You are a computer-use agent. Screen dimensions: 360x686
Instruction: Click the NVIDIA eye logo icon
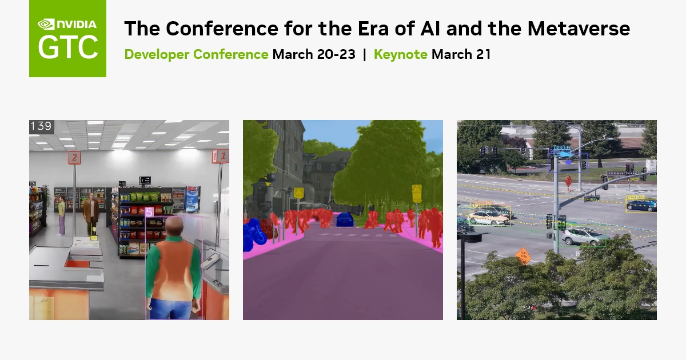click(x=46, y=24)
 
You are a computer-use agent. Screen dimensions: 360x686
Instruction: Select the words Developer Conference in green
click(x=196, y=54)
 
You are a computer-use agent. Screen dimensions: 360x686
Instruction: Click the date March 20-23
click(x=314, y=54)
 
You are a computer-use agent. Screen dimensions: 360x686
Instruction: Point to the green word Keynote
click(x=400, y=54)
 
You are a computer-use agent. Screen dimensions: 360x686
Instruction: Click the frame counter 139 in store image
click(x=41, y=126)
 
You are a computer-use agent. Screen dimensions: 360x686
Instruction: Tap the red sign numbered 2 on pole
click(x=74, y=157)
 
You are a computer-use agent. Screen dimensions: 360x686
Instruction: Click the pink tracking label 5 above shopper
click(x=149, y=212)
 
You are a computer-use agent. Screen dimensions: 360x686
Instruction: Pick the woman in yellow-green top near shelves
click(x=61, y=214)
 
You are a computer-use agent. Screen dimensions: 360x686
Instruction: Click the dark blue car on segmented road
click(x=345, y=219)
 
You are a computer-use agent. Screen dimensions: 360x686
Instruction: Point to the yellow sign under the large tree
click(x=417, y=191)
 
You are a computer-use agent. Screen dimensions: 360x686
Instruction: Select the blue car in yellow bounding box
click(x=640, y=205)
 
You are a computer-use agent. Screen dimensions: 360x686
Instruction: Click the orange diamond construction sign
click(x=523, y=255)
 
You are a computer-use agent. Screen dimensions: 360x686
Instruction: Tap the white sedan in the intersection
click(x=489, y=216)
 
